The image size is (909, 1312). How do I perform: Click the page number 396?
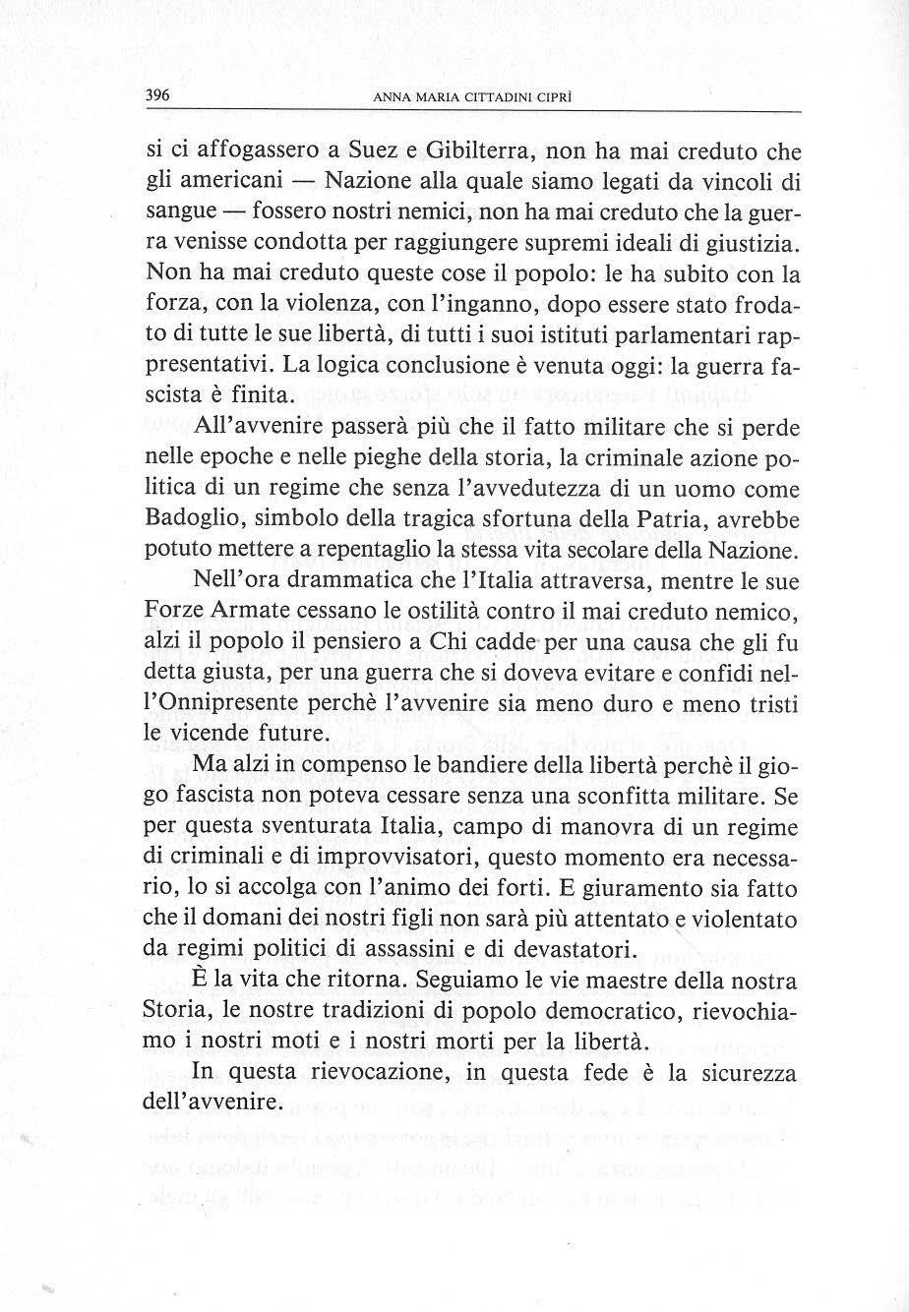158,96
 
